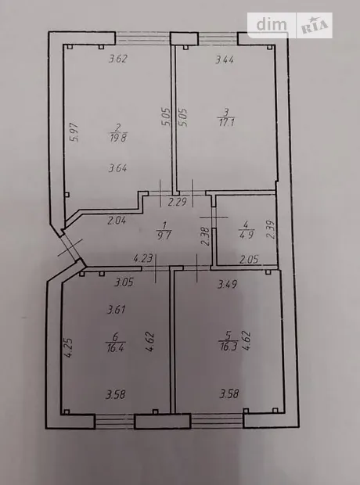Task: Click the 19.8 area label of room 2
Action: tap(118, 138)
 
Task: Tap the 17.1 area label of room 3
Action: tap(227, 122)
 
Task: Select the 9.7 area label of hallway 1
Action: tap(164, 235)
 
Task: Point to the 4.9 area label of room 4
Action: tap(247, 234)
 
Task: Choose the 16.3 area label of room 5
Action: tap(229, 346)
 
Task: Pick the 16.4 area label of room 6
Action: tap(116, 347)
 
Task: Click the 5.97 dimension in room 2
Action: tap(74, 132)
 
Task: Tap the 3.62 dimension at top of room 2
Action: tap(118, 59)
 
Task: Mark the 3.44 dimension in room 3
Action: tap(225, 59)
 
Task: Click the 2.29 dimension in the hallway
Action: tap(178, 203)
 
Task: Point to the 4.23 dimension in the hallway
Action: tap(142, 257)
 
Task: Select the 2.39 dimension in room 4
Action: tap(270, 229)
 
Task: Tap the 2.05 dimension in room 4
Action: tap(249, 259)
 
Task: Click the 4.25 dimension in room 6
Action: tap(68, 347)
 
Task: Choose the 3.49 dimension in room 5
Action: tap(227, 284)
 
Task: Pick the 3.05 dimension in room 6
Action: tap(124, 282)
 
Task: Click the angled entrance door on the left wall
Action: tap(70, 249)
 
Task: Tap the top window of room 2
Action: tap(143, 38)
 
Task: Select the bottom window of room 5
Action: tap(217, 420)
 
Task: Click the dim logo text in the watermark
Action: tap(272, 24)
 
